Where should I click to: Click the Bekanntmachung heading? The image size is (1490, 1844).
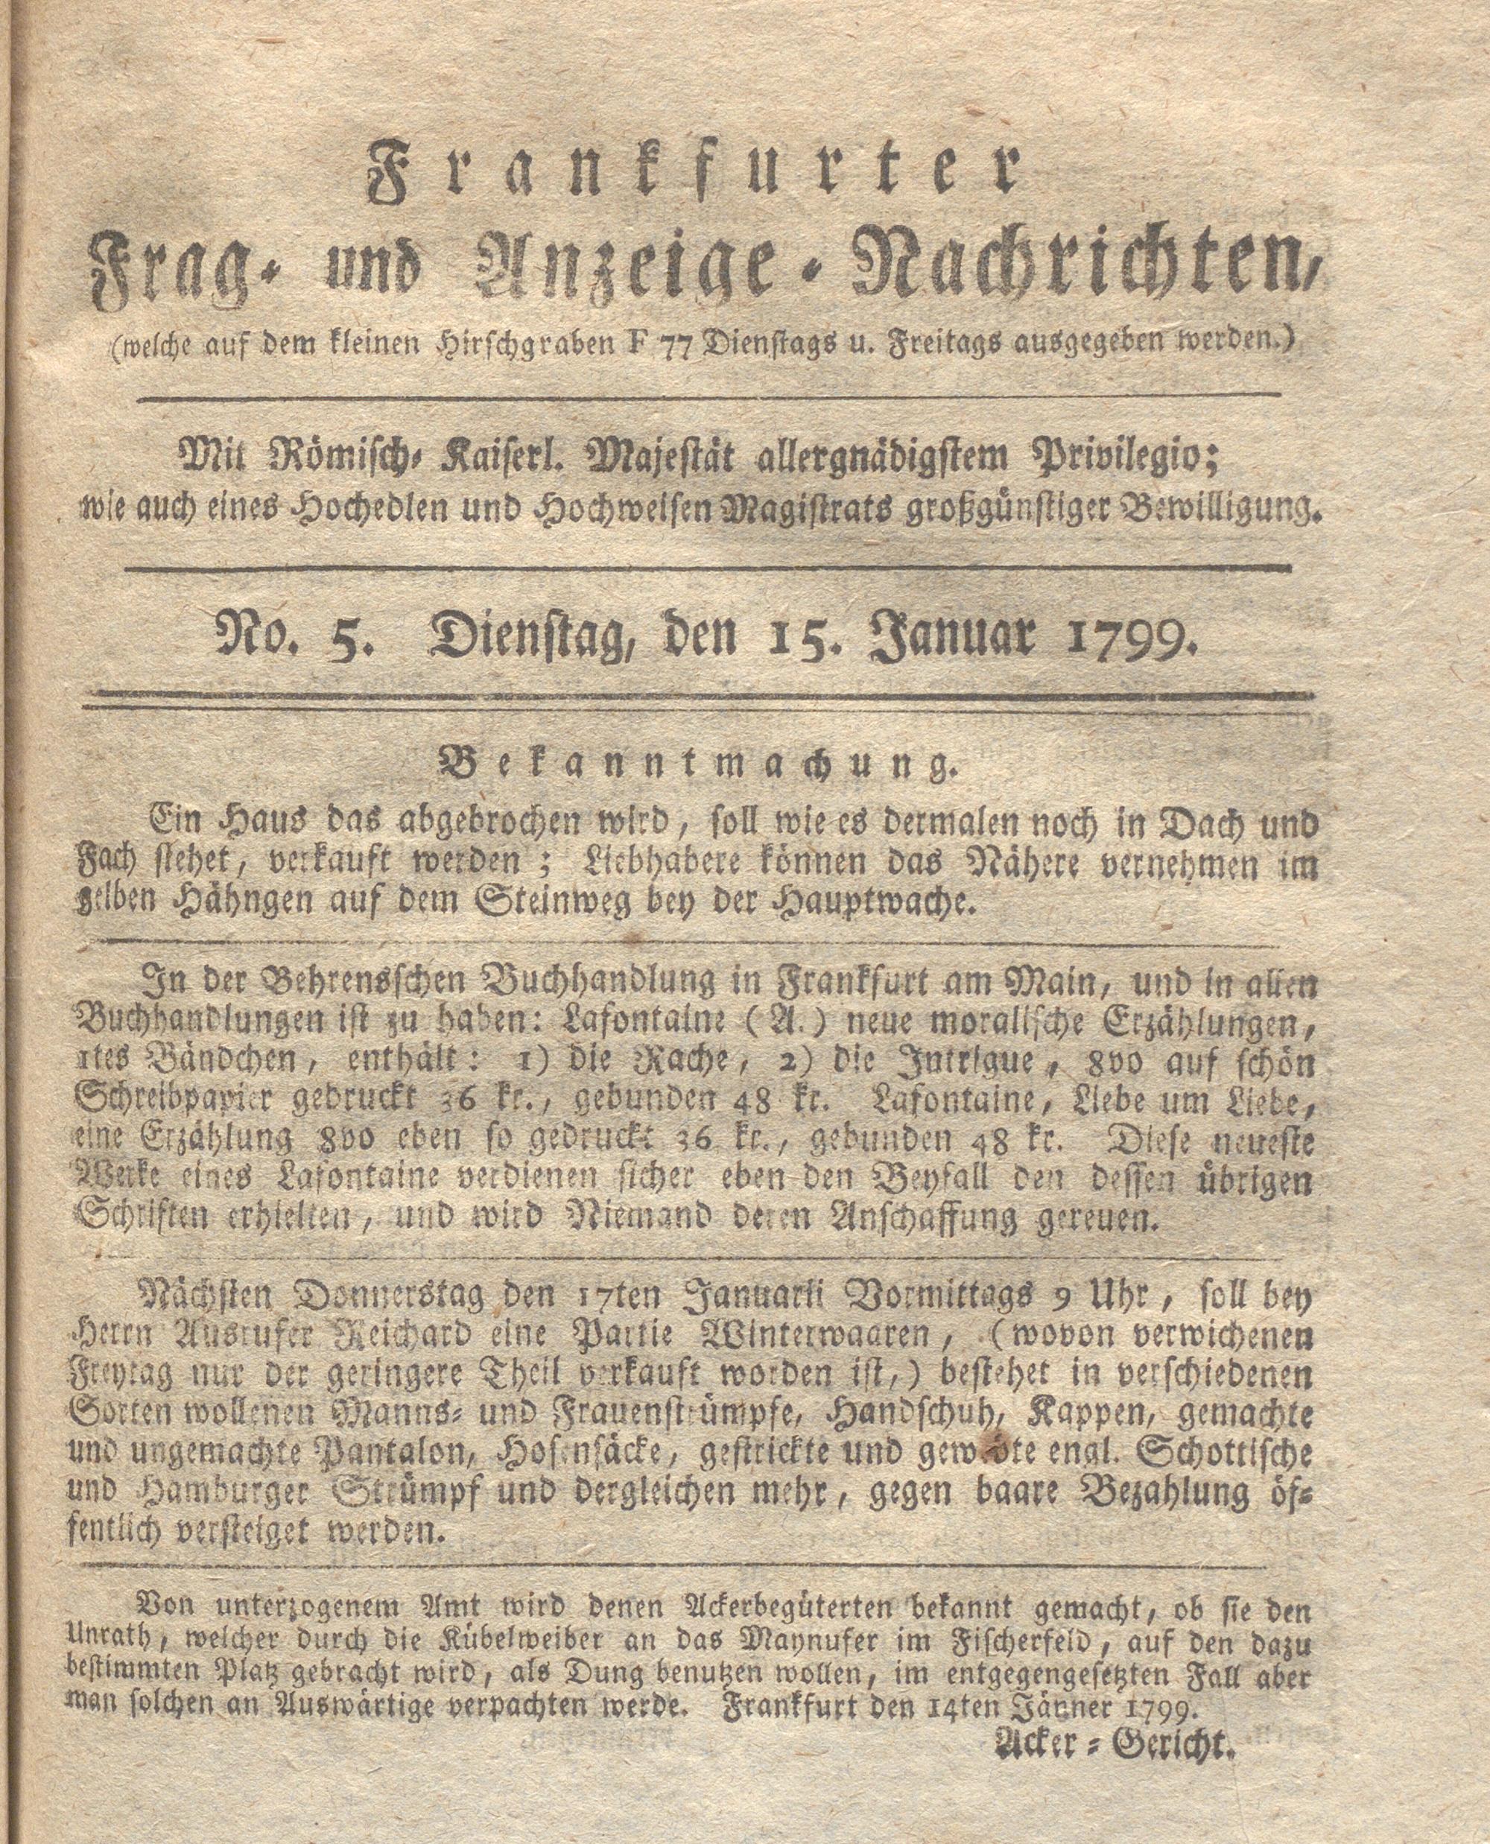[694, 761]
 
